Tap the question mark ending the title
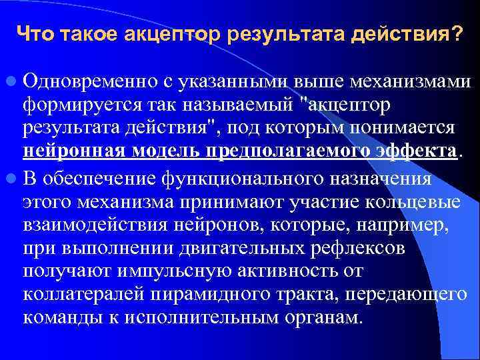point(455,33)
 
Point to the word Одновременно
point(88,82)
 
